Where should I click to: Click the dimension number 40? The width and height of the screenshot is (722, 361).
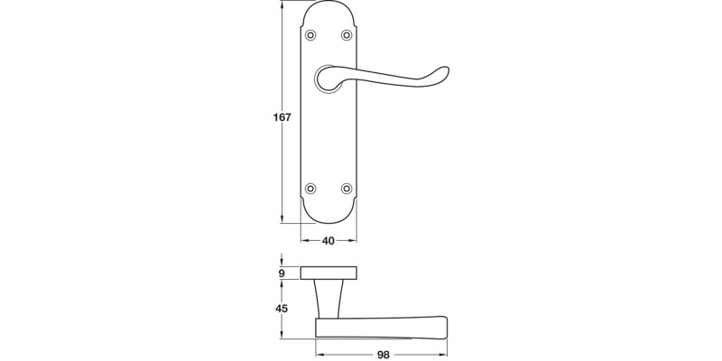(328, 241)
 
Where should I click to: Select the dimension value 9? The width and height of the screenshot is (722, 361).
(282, 273)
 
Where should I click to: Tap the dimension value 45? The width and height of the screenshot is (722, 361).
(282, 309)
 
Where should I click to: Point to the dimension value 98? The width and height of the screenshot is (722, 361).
(382, 355)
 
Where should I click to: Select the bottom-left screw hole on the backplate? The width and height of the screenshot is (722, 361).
(311, 189)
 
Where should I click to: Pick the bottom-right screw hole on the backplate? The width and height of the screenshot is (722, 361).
(347, 189)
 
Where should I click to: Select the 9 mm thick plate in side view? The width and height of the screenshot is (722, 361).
(329, 273)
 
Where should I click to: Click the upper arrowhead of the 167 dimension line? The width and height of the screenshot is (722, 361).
(283, 8)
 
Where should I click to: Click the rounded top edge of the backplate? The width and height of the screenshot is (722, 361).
(329, 5)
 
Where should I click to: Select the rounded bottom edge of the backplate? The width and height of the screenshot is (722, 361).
(329, 220)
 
